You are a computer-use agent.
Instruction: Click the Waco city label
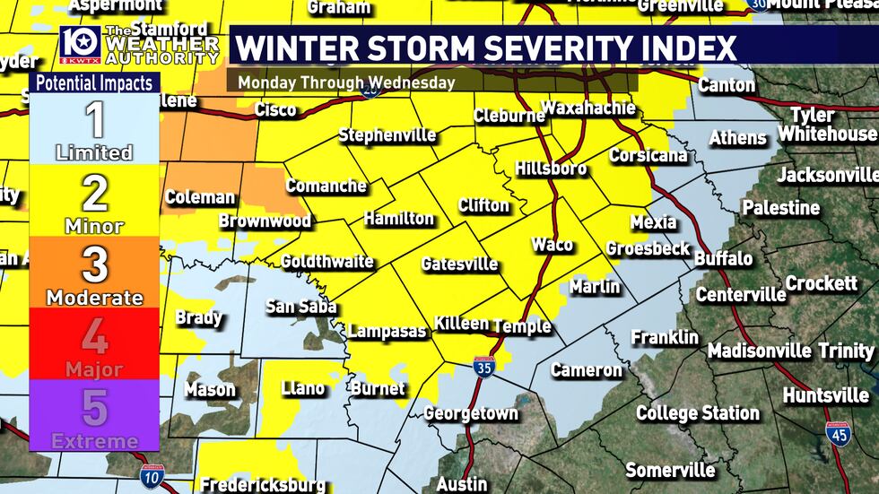click(x=552, y=245)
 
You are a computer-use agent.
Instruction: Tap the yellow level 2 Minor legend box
click(x=94, y=202)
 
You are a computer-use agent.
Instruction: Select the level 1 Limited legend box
click(x=94, y=129)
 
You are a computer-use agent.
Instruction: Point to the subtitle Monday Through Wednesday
click(x=347, y=82)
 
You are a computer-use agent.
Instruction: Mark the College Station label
click(x=697, y=413)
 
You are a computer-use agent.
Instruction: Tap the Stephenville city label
click(x=387, y=136)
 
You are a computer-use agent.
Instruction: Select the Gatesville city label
click(x=459, y=264)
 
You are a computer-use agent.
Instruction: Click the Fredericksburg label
click(x=262, y=485)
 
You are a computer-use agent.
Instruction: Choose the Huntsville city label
click(x=825, y=394)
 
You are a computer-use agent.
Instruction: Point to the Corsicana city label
click(x=648, y=155)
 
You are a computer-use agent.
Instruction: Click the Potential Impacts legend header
click(x=94, y=83)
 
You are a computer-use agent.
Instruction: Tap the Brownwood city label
click(x=265, y=221)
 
